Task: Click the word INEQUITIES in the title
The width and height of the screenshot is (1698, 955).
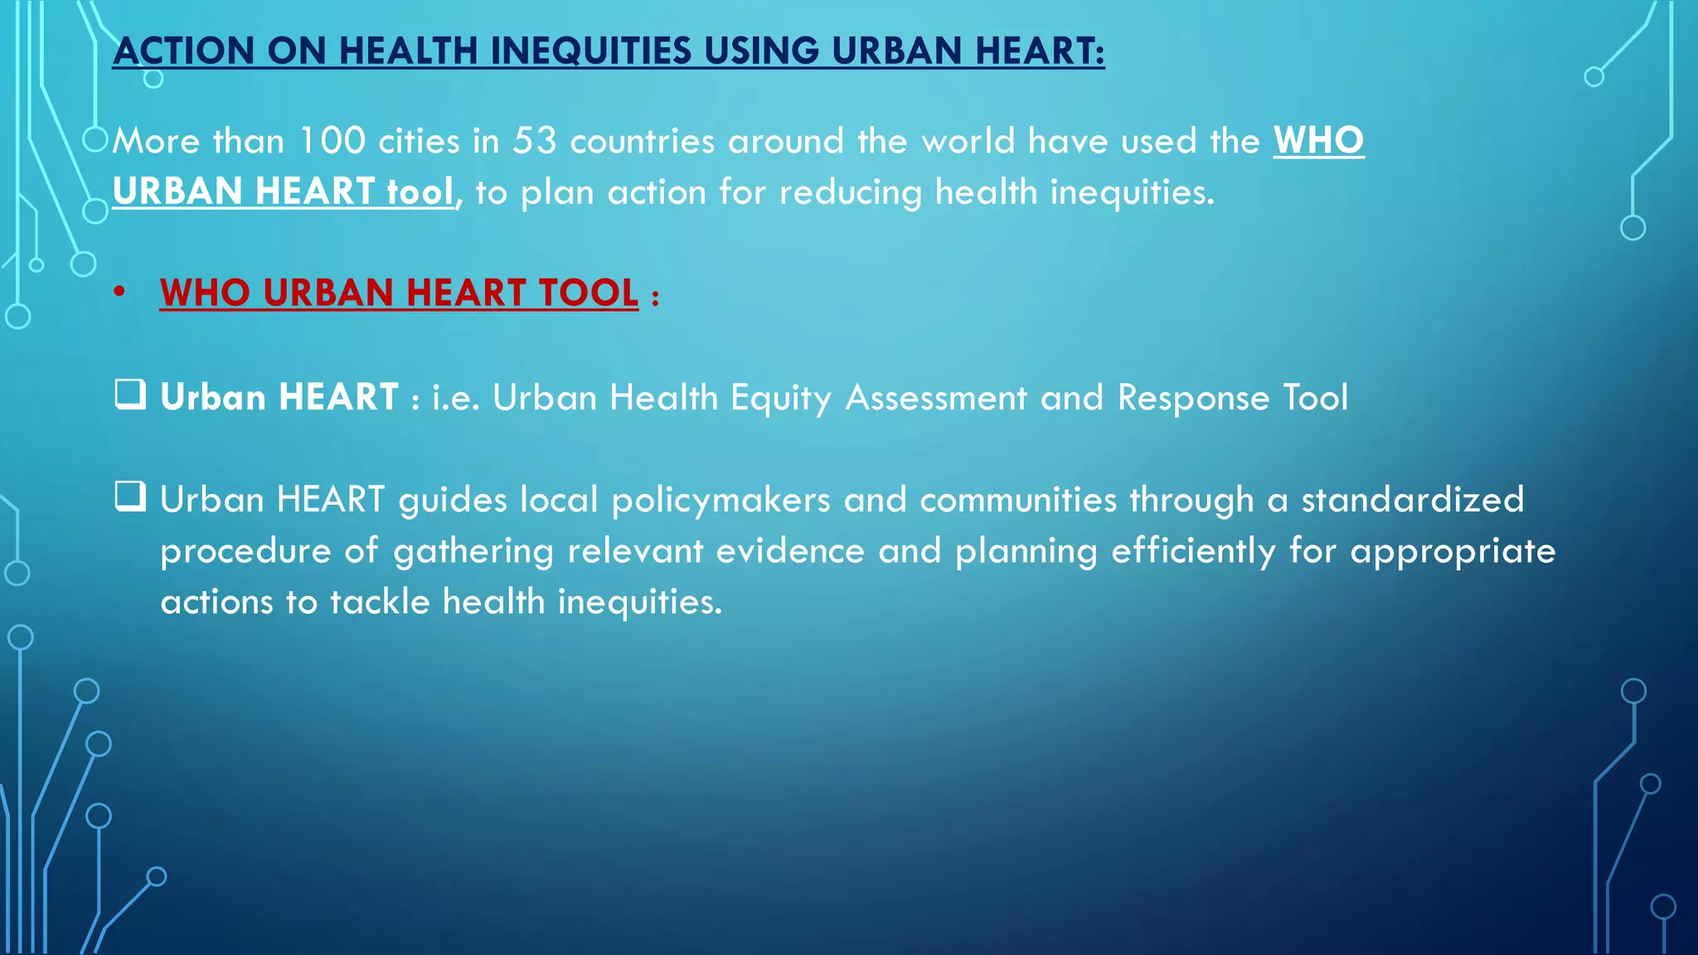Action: coord(590,51)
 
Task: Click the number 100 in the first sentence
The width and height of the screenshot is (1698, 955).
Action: coord(332,141)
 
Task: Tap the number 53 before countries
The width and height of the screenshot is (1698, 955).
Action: coord(534,141)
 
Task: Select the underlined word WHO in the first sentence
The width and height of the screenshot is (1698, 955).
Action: coord(1318,141)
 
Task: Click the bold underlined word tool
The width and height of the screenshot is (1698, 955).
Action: coord(420,192)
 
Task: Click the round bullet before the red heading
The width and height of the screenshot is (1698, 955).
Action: coord(120,293)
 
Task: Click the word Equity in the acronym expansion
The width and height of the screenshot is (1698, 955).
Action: coord(780,398)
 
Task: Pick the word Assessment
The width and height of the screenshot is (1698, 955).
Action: coord(936,398)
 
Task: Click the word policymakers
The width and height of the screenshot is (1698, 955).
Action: coord(720,500)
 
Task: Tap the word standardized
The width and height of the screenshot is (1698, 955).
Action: coord(1412,500)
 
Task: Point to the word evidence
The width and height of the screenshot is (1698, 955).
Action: coord(790,551)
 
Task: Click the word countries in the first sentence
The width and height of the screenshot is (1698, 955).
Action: coord(643,141)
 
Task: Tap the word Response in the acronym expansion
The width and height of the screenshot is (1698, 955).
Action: coord(1193,398)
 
